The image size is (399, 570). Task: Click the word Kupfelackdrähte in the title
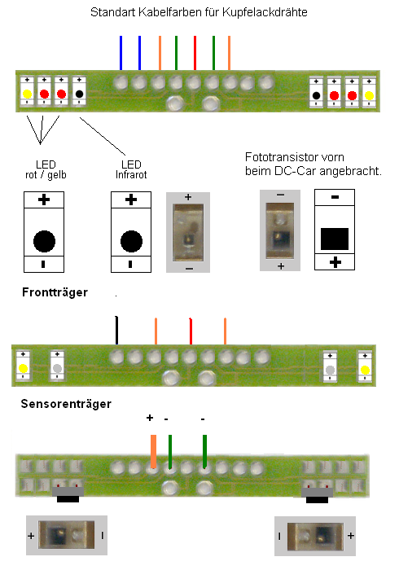(x=265, y=13)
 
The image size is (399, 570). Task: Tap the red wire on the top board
(x=195, y=53)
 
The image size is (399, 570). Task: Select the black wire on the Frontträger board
(x=116, y=330)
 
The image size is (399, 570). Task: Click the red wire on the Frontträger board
(x=191, y=331)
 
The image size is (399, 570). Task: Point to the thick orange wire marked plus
(x=153, y=451)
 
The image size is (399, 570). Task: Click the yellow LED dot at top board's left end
(x=27, y=94)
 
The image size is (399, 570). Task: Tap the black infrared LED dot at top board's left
(x=79, y=94)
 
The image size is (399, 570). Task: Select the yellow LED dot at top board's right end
(x=369, y=95)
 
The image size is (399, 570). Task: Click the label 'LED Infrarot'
(x=131, y=169)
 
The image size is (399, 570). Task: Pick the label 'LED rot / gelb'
(x=46, y=169)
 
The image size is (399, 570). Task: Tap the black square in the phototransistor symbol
(x=335, y=239)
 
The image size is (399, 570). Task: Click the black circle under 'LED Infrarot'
(x=131, y=241)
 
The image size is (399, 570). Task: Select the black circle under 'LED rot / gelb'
(x=44, y=241)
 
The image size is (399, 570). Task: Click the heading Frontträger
(x=55, y=292)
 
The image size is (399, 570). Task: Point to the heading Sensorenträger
(x=66, y=404)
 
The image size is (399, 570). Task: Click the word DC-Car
(x=295, y=171)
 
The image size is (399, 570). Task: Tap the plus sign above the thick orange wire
(x=150, y=418)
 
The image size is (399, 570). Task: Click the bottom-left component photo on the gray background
(x=67, y=535)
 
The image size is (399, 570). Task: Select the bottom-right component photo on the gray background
(x=314, y=536)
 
